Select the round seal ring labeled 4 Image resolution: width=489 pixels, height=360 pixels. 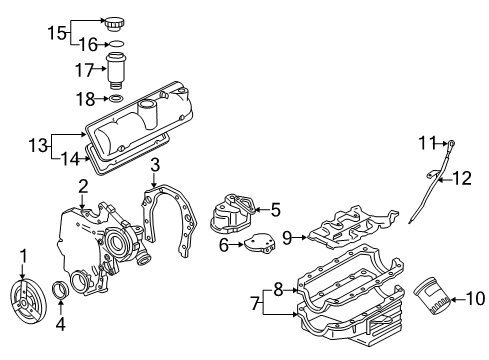coord(62,291)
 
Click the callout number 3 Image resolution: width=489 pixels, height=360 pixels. coord(154,164)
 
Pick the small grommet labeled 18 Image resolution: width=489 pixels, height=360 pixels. coord(117,99)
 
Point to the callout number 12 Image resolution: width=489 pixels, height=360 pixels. coord(462,179)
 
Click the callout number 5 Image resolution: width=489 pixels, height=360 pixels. coord(276,210)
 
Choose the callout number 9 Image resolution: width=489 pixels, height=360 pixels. coord(286,238)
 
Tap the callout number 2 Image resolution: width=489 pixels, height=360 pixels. coord(82,185)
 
